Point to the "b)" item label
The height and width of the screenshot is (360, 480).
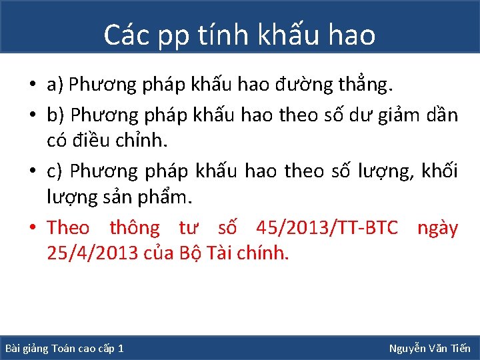coord(55,115)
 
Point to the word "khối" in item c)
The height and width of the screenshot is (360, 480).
coord(441,171)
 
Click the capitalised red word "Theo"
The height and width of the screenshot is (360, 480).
coord(68,228)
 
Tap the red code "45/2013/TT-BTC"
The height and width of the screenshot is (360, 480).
coord(327,228)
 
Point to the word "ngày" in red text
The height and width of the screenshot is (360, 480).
coord(437,229)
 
